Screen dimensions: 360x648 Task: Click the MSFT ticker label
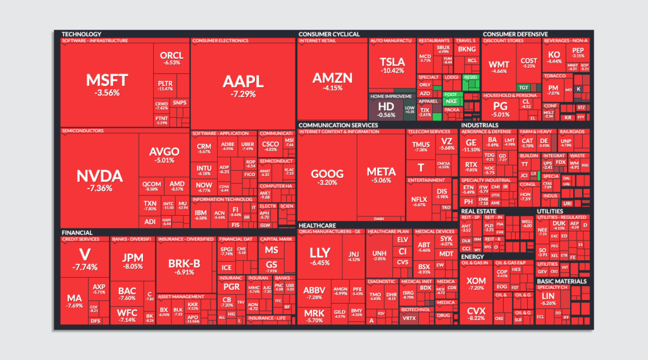(107, 80)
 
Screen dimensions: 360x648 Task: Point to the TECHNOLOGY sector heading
(81, 34)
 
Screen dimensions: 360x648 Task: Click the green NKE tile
(451, 101)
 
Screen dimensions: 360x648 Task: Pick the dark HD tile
(385, 106)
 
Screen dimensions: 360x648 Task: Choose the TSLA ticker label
(392, 61)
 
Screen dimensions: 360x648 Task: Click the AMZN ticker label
(332, 78)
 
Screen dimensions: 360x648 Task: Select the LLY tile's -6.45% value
(320, 263)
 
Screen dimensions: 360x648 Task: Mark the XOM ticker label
(476, 280)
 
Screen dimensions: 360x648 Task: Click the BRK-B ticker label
(184, 263)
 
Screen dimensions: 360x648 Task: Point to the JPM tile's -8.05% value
(132, 266)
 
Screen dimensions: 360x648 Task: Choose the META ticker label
(381, 171)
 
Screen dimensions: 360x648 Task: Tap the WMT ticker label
(499, 64)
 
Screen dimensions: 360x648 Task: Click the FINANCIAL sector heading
(77, 232)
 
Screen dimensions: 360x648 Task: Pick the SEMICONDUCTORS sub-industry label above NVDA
(82, 131)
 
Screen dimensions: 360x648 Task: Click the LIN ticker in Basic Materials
(548, 295)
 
